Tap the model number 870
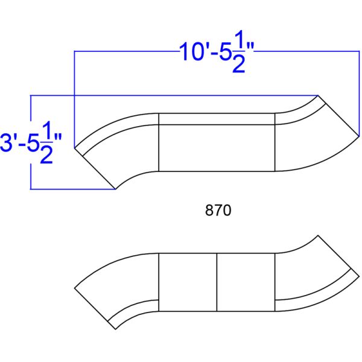(x=218, y=211)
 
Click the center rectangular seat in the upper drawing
(x=217, y=148)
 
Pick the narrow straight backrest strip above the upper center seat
(x=217, y=118)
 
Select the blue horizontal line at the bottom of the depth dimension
(x=72, y=189)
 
